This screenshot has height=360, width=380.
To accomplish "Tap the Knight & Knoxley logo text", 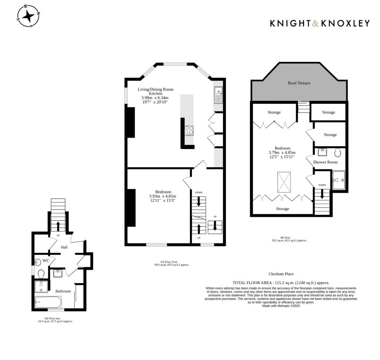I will coord(320,23).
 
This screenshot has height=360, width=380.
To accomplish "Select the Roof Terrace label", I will coord(299,83).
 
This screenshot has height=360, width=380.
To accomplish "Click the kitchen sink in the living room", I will coord(218,95).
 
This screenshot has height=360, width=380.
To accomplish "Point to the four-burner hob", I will coord(189,130).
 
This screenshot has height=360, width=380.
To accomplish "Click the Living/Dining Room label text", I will coord(155,89).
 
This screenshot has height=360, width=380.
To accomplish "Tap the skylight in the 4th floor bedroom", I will coord(285,182).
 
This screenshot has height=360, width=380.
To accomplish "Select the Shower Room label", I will coord(325,162).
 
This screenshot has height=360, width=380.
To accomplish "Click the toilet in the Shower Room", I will coord(338,152).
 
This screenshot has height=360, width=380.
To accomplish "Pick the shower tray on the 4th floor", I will coord(339,180).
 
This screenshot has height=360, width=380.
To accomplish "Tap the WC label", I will coord(46,261).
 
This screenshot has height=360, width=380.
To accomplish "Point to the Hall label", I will coord(64,247).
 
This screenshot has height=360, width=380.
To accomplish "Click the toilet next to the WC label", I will coord(41,274).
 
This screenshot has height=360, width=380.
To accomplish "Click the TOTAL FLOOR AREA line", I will coord(281,283).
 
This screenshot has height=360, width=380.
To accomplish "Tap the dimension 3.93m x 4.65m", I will coord(163,196).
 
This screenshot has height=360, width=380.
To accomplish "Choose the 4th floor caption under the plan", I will coord(289,240).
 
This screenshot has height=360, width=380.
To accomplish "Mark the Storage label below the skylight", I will coord(282,209).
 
